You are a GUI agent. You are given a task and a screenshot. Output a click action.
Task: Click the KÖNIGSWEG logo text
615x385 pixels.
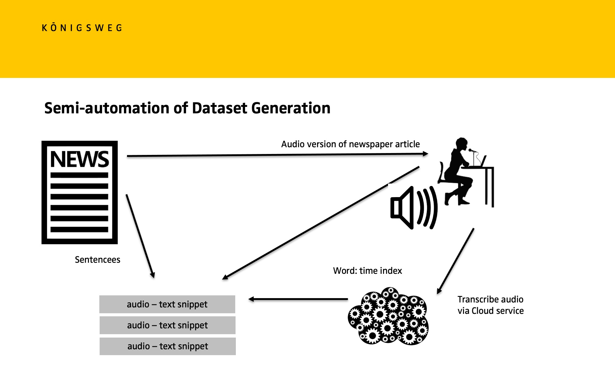pos(82,28)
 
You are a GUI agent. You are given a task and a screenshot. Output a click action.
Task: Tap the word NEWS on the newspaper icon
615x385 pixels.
pos(80,159)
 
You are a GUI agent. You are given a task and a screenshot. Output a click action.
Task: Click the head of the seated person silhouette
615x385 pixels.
pos(461,144)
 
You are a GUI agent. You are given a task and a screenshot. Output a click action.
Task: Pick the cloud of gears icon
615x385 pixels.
pos(388,316)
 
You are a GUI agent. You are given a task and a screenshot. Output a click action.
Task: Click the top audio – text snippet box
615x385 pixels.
pos(167,304)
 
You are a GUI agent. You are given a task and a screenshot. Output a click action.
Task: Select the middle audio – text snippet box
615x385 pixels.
pos(168,325)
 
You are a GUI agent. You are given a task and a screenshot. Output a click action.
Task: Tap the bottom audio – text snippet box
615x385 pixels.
pos(168,346)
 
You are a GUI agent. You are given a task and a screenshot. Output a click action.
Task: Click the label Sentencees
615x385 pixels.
pos(97,260)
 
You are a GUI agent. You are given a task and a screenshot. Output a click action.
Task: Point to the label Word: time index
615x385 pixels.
pos(367,271)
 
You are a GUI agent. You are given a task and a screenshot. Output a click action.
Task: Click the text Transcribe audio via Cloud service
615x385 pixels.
pos(490,305)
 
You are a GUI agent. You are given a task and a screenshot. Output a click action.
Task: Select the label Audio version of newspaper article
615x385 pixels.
pos(351,144)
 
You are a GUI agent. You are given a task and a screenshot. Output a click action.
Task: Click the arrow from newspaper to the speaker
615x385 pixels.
pos(278,155)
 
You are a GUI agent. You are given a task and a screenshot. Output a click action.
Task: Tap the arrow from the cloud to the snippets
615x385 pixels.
pos(298,299)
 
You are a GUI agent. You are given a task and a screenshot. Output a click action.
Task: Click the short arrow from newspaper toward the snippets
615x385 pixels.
pos(140,236)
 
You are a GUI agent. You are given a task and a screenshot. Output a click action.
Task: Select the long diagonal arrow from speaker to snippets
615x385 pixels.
pos(321,223)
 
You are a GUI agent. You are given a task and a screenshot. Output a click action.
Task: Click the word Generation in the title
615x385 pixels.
pos(291,108)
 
